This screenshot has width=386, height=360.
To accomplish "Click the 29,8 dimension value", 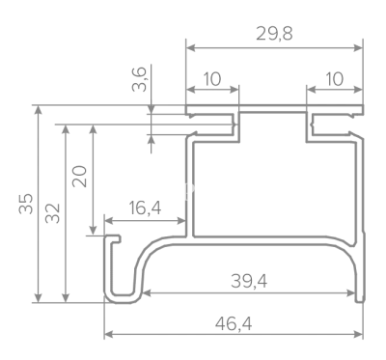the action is coord(274,34).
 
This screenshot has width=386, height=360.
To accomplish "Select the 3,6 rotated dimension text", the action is coord(139,79).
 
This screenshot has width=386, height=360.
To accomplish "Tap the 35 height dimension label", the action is coord(26,204).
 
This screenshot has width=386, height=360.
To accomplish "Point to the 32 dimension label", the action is coord(53,213).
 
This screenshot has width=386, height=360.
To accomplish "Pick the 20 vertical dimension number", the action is coord(79,177).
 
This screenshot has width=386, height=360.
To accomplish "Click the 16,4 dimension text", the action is coord(145,208).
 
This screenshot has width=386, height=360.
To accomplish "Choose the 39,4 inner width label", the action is coord(249,282).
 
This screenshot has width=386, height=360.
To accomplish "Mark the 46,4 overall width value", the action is coord(234,323).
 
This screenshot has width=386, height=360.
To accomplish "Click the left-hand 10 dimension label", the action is coord(212,79).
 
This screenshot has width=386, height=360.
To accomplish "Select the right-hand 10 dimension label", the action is coord(335,79).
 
